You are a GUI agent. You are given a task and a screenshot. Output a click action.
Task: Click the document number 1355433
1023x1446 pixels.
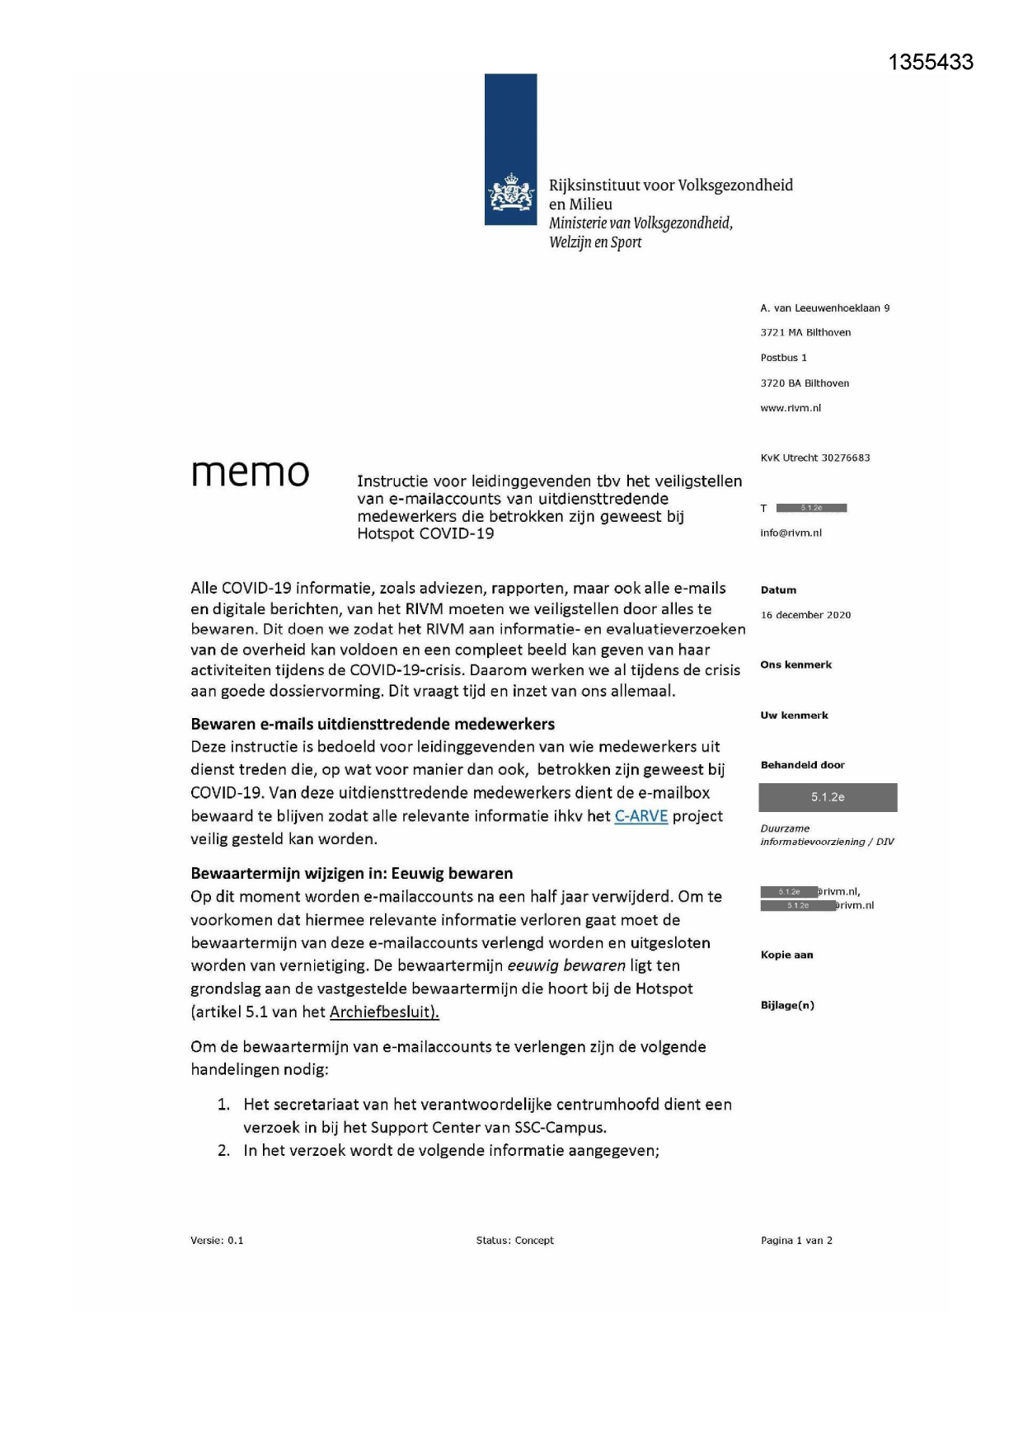pyautogui.click(x=931, y=63)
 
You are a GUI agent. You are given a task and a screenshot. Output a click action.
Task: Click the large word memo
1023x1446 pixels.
pyautogui.click(x=250, y=472)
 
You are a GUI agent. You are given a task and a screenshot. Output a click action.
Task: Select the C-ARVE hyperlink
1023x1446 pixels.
pyautogui.click(x=641, y=816)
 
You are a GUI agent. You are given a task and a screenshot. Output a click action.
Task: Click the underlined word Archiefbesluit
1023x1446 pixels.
pyautogui.click(x=383, y=1012)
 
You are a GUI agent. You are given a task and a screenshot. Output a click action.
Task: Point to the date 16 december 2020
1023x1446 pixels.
pyautogui.click(x=805, y=615)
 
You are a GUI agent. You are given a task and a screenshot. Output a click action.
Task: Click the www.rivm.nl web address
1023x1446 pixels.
pyautogui.click(x=791, y=408)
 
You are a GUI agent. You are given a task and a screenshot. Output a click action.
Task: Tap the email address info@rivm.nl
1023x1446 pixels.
pyautogui.click(x=791, y=533)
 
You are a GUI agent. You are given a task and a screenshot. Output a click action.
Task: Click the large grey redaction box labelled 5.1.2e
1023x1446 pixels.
pyautogui.click(x=828, y=797)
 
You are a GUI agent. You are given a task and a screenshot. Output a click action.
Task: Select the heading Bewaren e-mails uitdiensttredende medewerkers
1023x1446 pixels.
pyautogui.click(x=373, y=724)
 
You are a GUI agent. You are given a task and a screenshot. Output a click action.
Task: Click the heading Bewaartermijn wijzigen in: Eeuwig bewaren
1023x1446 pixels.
pyautogui.click(x=351, y=873)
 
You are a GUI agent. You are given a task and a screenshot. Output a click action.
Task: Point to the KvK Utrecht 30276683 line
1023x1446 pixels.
pyautogui.click(x=814, y=458)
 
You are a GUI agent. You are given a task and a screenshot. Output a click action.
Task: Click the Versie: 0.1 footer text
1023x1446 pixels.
pyautogui.click(x=217, y=1240)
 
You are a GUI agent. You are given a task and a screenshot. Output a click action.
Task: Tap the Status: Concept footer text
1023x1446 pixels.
pyautogui.click(x=514, y=1240)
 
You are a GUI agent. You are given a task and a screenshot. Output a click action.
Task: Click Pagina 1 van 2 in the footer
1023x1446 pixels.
pyautogui.click(x=796, y=1240)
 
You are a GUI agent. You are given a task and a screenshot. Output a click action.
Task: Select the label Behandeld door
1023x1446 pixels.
pyautogui.click(x=802, y=765)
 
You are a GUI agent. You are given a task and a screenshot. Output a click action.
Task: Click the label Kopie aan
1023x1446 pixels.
pyautogui.click(x=786, y=955)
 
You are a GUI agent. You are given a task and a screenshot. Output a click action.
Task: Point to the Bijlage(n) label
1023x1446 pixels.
pyautogui.click(x=787, y=1005)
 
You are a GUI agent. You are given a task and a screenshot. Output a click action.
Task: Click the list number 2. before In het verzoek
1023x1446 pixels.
pyautogui.click(x=223, y=1150)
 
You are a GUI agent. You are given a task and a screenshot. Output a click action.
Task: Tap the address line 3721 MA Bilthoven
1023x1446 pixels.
pyautogui.click(x=805, y=332)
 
